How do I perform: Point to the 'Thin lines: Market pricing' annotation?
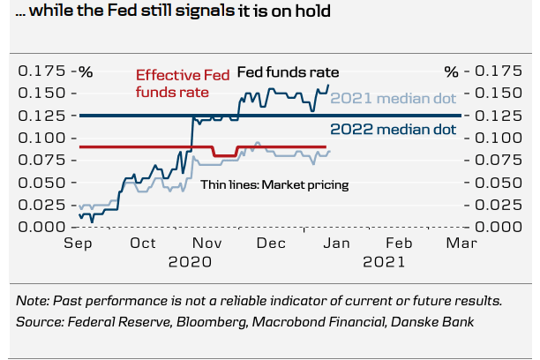coord(274,184)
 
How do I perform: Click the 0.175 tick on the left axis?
coord(42,71)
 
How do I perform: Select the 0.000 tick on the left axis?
coord(42,227)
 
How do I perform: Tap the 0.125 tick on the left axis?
coord(42,116)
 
